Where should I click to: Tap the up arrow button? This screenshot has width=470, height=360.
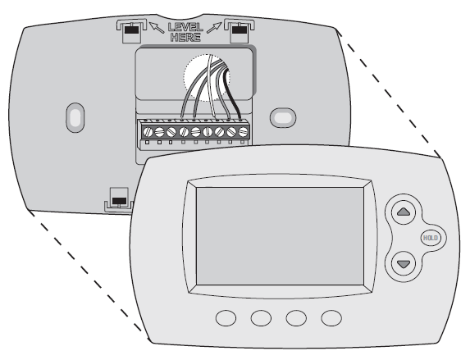point(404,212)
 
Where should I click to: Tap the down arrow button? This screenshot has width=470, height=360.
point(404,263)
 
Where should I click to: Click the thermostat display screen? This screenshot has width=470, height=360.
point(280,236)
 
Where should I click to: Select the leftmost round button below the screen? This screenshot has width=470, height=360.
point(226,318)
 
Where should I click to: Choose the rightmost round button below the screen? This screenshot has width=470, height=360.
point(331,318)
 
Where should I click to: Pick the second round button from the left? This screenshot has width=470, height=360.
point(261,318)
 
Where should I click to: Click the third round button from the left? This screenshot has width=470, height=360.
point(296,318)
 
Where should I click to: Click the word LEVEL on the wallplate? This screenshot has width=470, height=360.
point(185,27)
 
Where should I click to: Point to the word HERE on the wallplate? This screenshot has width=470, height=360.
point(185,38)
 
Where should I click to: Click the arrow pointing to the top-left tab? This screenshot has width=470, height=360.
point(156,27)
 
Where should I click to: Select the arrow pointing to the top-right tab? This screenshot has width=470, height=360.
point(214,27)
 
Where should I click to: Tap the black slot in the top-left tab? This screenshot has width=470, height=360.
point(131,30)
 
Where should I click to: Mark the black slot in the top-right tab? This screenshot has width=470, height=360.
point(240,30)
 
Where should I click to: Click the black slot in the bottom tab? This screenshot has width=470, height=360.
point(119,201)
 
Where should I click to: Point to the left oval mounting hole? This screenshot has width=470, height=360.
point(75,117)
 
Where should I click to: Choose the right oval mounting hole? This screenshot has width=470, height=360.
point(283,117)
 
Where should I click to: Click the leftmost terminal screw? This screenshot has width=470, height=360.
point(148,131)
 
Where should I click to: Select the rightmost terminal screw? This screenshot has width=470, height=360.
point(244,131)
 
